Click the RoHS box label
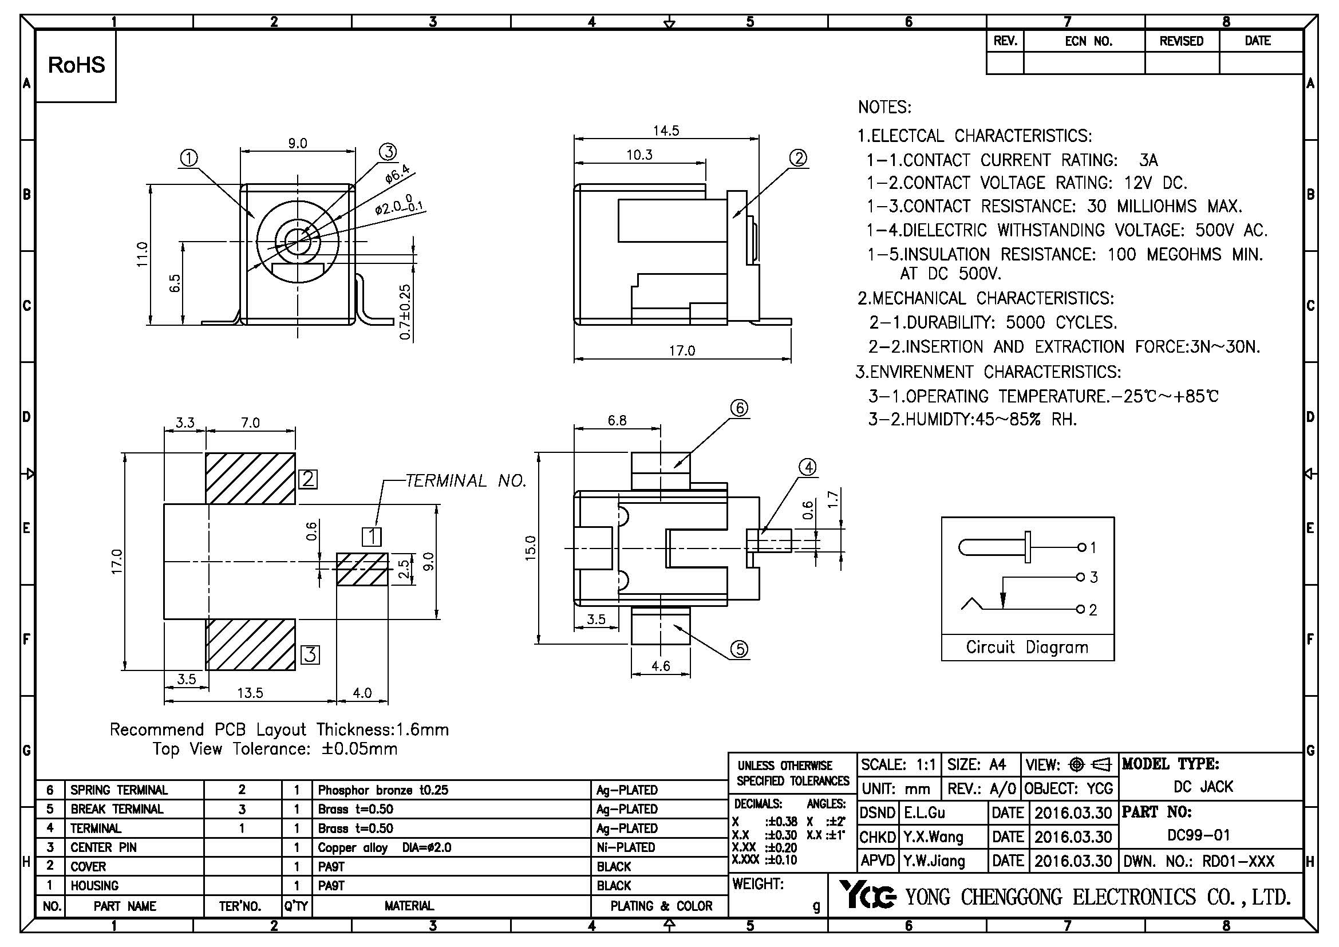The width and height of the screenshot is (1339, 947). pyautogui.click(x=76, y=65)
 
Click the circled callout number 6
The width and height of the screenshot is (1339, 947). pyautogui.click(x=739, y=408)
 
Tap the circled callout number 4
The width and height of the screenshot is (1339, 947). pyautogui.click(x=808, y=467)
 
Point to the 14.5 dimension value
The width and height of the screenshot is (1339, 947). pyautogui.click(x=666, y=131)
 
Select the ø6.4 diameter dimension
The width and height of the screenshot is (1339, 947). pyautogui.click(x=398, y=175)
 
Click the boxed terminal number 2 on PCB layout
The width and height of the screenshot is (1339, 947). pyautogui.click(x=308, y=479)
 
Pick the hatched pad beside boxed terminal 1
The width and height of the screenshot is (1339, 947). pyautogui.click(x=362, y=569)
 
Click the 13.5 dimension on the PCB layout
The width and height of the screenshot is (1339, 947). pyautogui.click(x=250, y=693)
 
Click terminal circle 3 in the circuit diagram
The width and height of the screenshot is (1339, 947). pyautogui.click(x=1081, y=577)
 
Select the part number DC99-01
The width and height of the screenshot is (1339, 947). pyautogui.click(x=1198, y=835)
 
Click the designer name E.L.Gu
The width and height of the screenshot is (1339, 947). pyautogui.click(x=925, y=813)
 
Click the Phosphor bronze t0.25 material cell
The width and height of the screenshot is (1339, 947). pyautogui.click(x=383, y=790)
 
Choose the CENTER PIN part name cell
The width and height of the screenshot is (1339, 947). pyautogui.click(x=103, y=847)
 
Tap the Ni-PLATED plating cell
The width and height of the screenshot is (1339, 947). pyautogui.click(x=626, y=847)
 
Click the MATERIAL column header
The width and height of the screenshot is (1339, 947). pyautogui.click(x=409, y=906)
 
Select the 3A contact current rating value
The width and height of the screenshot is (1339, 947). pyautogui.click(x=1148, y=160)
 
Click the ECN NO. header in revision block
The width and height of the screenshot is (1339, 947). pyautogui.click(x=1088, y=41)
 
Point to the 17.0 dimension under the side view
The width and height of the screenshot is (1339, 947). pyautogui.click(x=682, y=350)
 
